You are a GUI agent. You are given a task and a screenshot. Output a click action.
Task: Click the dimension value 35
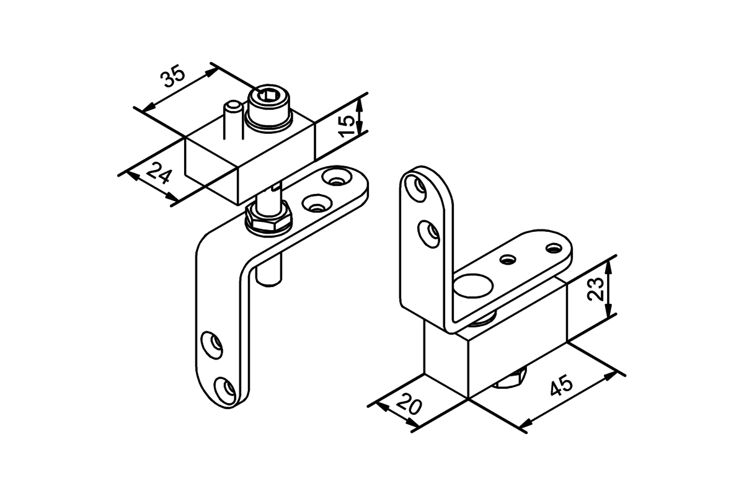(x=172, y=76)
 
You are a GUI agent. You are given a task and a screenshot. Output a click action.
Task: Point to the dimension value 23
(x=595, y=289)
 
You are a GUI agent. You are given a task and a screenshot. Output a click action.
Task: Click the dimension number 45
(x=561, y=386)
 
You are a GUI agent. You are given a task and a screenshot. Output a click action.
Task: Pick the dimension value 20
(x=410, y=404)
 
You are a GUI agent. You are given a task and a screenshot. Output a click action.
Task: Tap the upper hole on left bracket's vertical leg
(x=212, y=345)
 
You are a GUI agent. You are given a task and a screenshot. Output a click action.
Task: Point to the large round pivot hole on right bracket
(x=473, y=286)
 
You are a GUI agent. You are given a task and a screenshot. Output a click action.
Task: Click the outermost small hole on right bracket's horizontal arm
(x=553, y=248)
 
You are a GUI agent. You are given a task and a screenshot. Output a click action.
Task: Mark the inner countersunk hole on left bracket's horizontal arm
(x=317, y=203)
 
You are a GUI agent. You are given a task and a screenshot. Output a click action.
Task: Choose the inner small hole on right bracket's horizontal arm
(x=508, y=259)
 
